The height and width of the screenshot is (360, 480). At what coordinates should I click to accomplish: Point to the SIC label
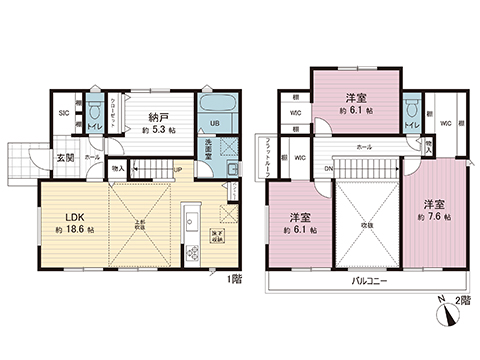(63, 113)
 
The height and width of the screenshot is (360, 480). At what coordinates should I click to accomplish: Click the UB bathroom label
(214, 125)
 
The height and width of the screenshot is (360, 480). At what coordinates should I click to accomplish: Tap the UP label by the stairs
(177, 170)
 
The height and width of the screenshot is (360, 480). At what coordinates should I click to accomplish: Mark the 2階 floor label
(465, 298)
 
